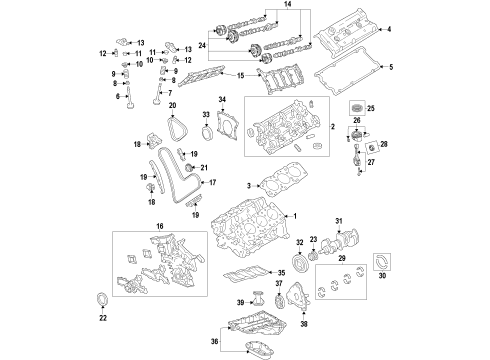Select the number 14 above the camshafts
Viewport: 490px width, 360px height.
[x=262, y=6]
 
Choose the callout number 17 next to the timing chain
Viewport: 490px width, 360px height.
[x=212, y=183]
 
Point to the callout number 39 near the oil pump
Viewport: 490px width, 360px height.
[x=240, y=301]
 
